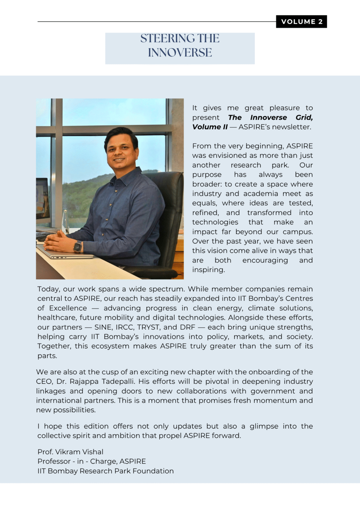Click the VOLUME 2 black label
(301, 22)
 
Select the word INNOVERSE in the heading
(180, 52)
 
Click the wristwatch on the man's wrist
(78, 247)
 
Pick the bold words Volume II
(210, 127)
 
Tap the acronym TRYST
(149, 327)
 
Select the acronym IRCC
(124, 327)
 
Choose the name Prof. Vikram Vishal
(70, 452)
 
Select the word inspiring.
(208, 270)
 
